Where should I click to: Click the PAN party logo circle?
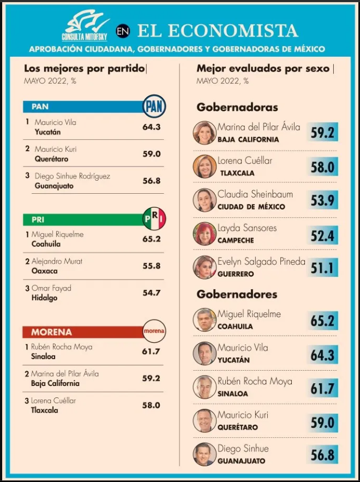(x=154, y=106)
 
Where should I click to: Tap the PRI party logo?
(x=154, y=219)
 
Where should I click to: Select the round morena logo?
(x=154, y=331)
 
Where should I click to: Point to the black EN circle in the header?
(x=123, y=32)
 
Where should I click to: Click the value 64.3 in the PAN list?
(x=152, y=127)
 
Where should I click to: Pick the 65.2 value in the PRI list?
(x=152, y=239)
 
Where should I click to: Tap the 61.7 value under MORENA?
(x=151, y=352)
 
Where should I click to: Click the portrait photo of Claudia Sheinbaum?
(x=205, y=200)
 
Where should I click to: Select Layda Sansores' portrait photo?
(x=205, y=234)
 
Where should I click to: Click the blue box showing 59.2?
(x=322, y=133)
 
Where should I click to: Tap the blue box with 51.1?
(x=322, y=267)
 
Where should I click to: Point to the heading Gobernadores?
(x=237, y=294)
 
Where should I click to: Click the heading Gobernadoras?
(x=237, y=107)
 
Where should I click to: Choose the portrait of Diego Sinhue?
(x=205, y=454)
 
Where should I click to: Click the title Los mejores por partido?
(x=85, y=68)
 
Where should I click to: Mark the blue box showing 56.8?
(x=322, y=455)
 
